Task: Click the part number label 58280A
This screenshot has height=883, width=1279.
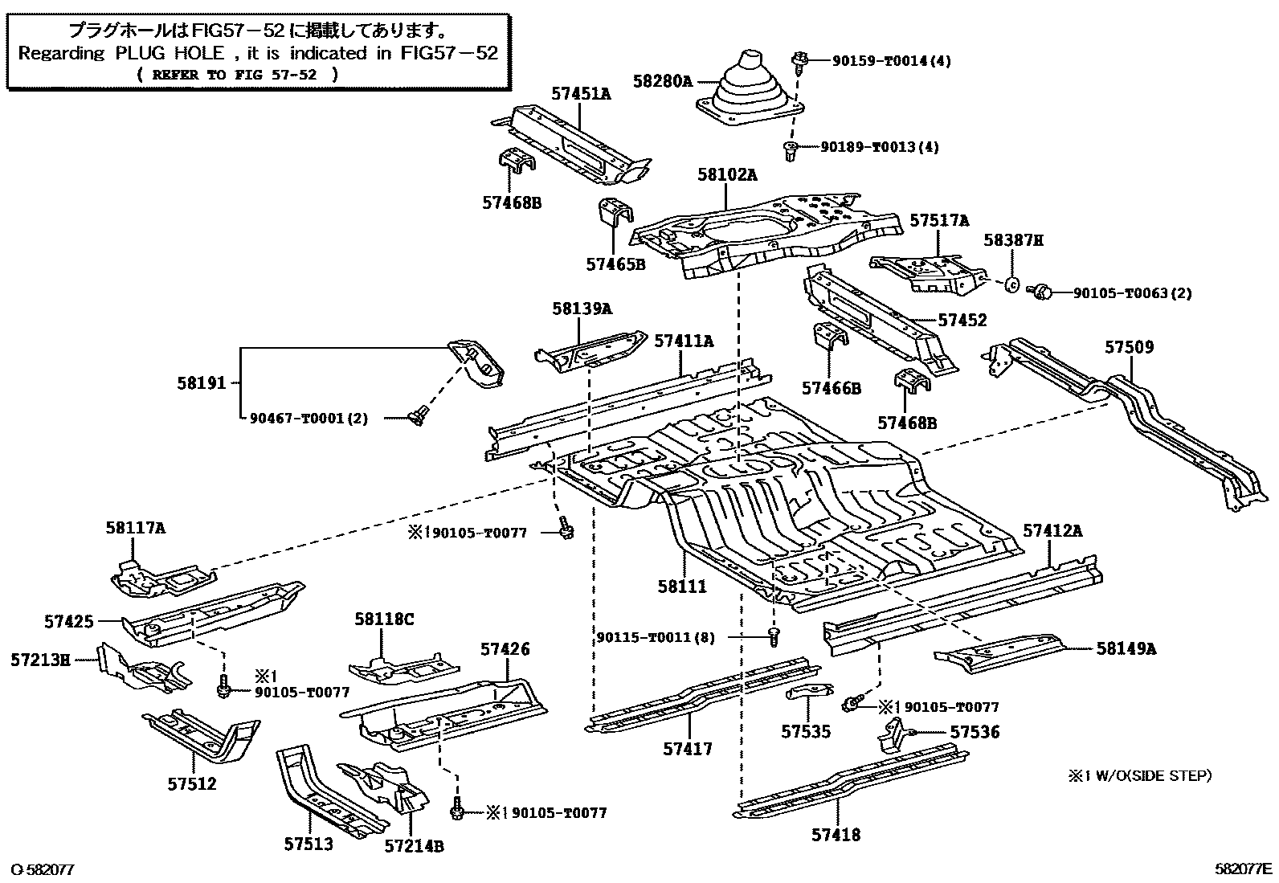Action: click(x=662, y=81)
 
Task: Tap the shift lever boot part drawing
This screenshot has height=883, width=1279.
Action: click(x=751, y=92)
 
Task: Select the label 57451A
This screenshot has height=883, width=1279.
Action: click(x=581, y=94)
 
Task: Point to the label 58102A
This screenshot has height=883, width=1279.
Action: click(x=726, y=175)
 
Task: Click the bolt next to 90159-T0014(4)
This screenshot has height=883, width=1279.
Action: click(x=800, y=59)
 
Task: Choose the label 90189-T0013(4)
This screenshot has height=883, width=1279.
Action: click(x=879, y=147)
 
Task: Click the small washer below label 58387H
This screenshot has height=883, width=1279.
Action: click(x=1012, y=284)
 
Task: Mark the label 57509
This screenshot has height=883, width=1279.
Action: click(x=1129, y=347)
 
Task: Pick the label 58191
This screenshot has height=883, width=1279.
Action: click(x=202, y=384)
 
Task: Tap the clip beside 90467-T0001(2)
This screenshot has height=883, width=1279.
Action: click(x=415, y=415)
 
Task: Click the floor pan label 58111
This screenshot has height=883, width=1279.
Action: click(x=682, y=586)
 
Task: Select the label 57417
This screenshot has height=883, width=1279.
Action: click(x=688, y=749)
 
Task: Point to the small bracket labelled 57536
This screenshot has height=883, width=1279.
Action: click(x=893, y=734)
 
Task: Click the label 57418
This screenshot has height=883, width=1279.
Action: click(x=836, y=835)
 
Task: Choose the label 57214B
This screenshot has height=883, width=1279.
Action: click(x=414, y=845)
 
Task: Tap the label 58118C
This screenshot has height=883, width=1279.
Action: click(x=384, y=619)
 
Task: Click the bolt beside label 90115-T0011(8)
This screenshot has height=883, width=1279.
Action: click(x=774, y=637)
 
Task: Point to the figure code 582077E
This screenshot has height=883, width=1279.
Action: click(x=1243, y=868)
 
